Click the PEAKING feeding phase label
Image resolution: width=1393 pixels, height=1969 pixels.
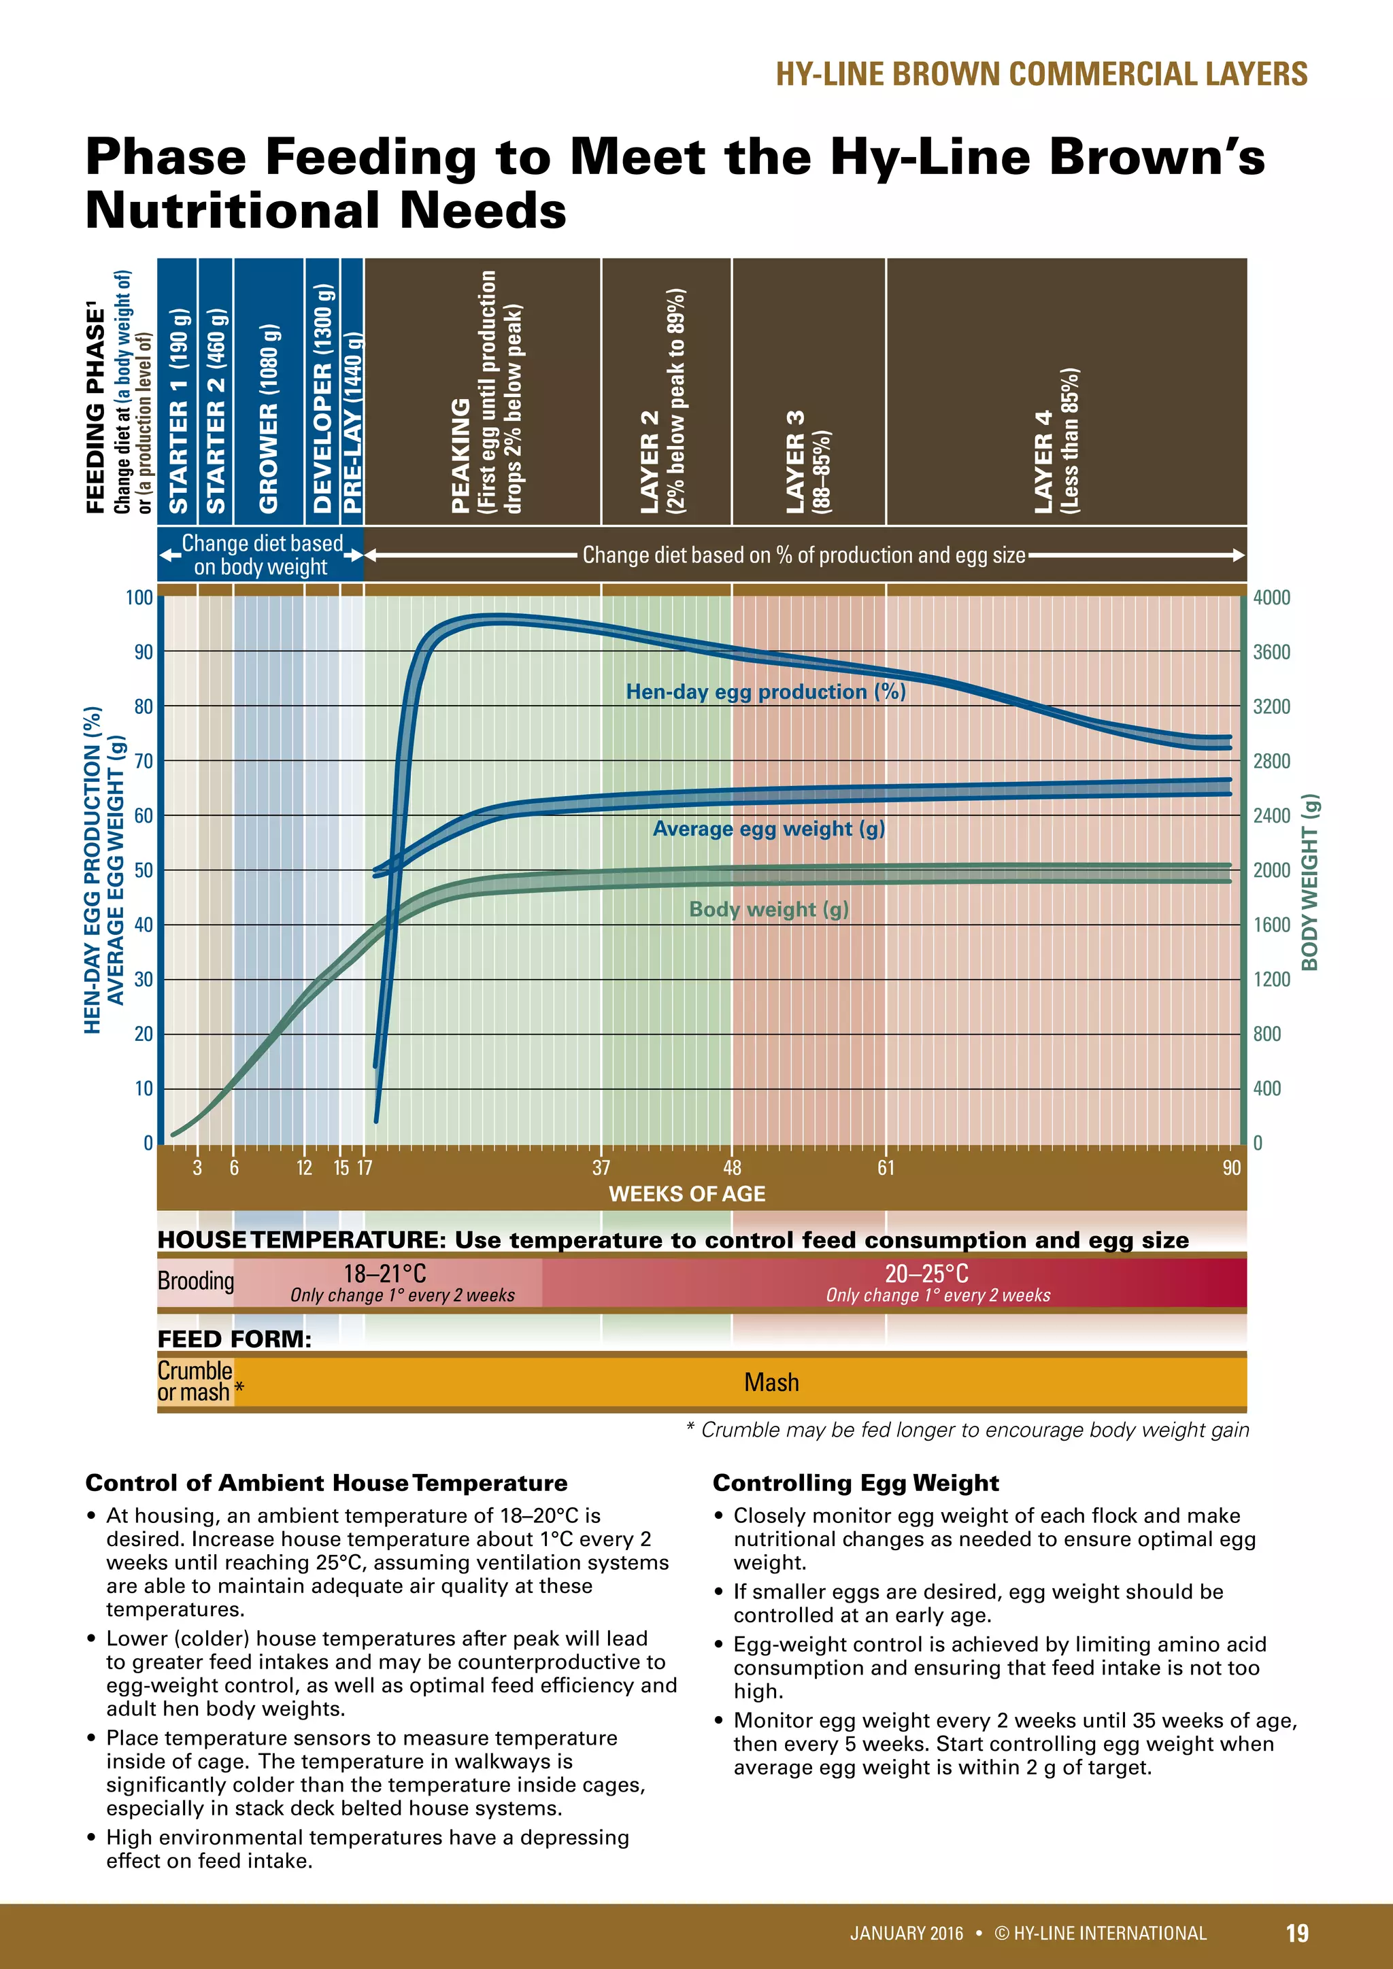click(460, 456)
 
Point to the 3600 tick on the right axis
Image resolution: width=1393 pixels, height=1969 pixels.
click(1271, 652)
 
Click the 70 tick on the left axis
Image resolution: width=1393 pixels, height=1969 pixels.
click(144, 761)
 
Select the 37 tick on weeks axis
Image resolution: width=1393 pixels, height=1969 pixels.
click(601, 1167)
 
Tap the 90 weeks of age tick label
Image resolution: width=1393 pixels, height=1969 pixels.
click(1232, 1167)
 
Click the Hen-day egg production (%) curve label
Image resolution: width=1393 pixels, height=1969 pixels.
click(765, 692)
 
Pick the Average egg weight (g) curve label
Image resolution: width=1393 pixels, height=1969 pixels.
click(769, 828)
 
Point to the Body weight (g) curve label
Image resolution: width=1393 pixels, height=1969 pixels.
click(769, 909)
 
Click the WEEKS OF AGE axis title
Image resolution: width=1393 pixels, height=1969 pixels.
click(687, 1194)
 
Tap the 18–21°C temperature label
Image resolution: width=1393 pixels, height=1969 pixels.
click(385, 1273)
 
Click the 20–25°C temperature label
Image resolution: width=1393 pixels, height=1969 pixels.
click(926, 1273)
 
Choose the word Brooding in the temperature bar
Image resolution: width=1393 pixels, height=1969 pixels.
click(196, 1281)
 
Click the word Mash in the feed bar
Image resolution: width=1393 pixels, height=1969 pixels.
click(771, 1382)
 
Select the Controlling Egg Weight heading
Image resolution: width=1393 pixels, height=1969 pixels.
click(855, 1483)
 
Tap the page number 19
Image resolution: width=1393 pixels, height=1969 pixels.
click(1297, 1932)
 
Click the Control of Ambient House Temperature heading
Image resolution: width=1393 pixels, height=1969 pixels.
click(326, 1483)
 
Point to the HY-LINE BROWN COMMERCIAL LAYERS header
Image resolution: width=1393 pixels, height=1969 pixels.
click(1041, 73)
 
